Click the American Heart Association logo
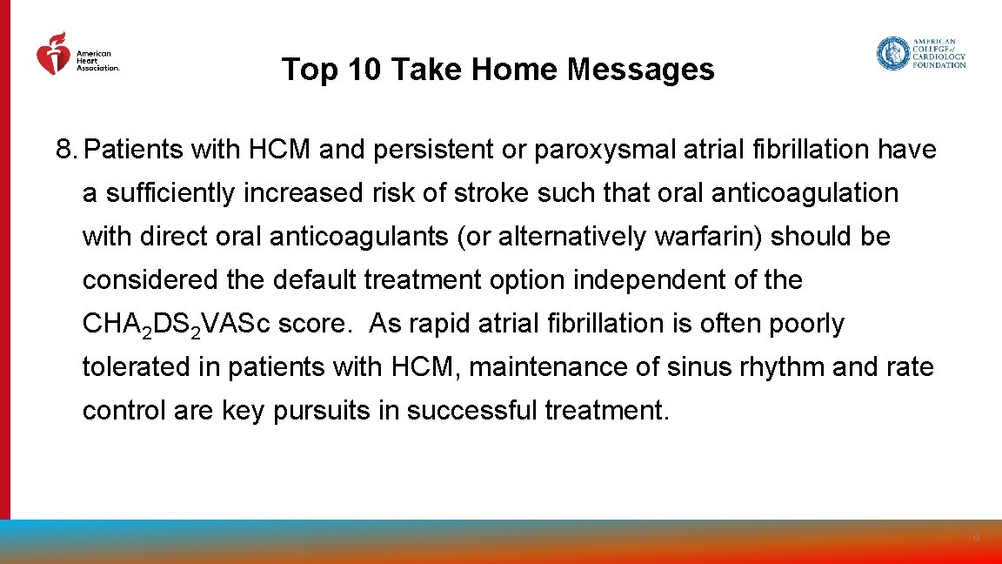pyautogui.click(x=77, y=55)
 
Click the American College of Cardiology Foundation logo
pyautogui.click(x=921, y=54)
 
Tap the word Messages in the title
pyautogui.click(x=640, y=70)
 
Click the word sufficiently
pyautogui.click(x=170, y=193)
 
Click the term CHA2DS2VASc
pyautogui.click(x=176, y=325)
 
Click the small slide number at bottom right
pyautogui.click(x=976, y=539)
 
